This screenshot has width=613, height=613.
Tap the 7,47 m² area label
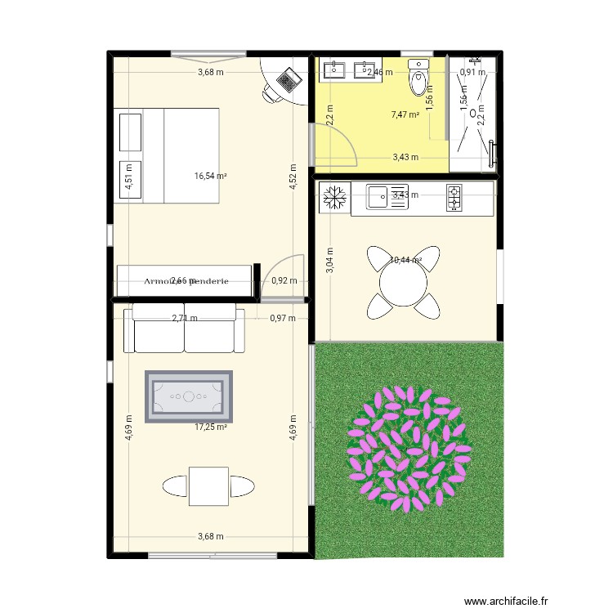click(x=405, y=115)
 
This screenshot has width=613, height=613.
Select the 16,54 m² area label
click(x=210, y=175)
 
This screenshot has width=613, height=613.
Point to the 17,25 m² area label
click(x=210, y=427)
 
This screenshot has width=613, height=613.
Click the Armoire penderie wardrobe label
click(x=185, y=281)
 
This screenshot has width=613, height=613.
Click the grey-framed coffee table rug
click(x=189, y=396)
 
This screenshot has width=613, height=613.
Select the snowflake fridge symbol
click(x=333, y=197)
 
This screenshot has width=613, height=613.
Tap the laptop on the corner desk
click(x=289, y=80)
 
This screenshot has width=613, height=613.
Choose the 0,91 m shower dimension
click(x=472, y=72)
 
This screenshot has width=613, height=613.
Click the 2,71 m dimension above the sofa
click(x=184, y=318)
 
